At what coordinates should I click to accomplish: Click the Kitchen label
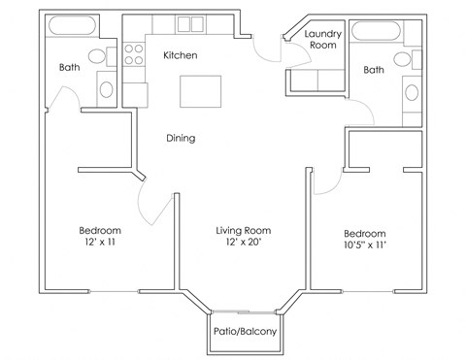click(x=181, y=56)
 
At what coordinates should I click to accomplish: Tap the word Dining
click(x=180, y=138)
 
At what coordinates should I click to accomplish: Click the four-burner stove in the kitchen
click(x=133, y=53)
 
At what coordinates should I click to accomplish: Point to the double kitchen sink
click(x=189, y=25)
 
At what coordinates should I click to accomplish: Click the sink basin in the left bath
click(x=105, y=89)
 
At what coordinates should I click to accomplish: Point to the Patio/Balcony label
click(x=244, y=332)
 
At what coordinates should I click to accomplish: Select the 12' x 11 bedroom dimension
click(x=101, y=245)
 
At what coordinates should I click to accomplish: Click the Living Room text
click(x=243, y=231)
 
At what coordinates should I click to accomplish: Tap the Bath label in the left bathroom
click(x=69, y=68)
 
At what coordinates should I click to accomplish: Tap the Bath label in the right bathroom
click(x=374, y=70)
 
